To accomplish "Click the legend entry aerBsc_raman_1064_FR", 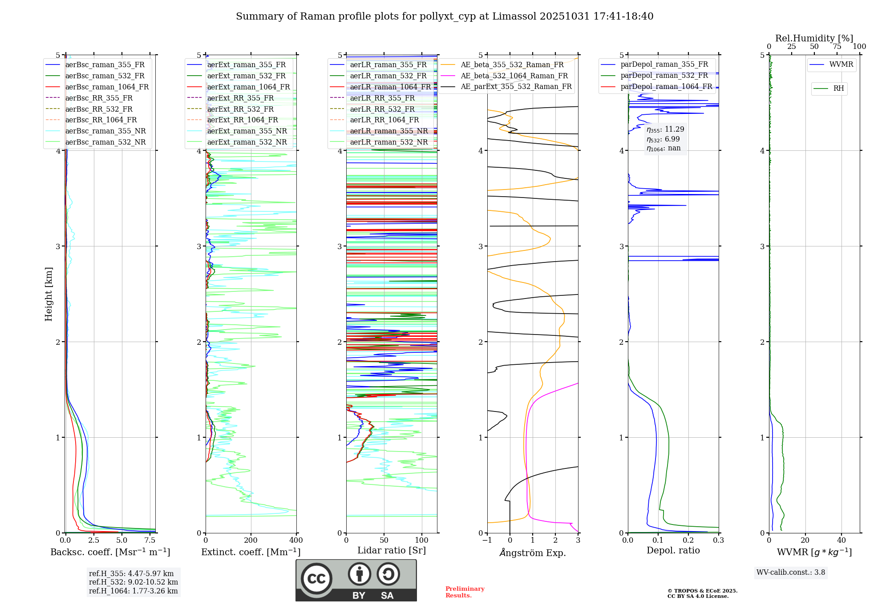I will pos(107,87).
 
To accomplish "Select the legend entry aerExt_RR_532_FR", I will pos(240,109).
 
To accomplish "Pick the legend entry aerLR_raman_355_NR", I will pos(388,131).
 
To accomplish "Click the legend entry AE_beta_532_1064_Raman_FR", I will pos(514,76).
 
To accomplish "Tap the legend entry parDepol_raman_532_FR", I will pos(664,76).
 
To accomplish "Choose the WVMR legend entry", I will pos(841,65).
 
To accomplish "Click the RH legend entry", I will pos(838,89).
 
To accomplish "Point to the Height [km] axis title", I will pos(49,294).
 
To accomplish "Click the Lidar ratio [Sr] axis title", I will pos(391,550).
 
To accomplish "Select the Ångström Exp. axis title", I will pos(532,553).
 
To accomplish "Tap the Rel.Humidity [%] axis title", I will pos(814,38).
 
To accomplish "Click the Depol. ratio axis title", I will pos(673,550).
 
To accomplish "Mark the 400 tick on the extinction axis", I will pos(296,540).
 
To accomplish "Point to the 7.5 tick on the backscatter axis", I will pos(150,540).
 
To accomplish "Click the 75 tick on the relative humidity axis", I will pos(837,47).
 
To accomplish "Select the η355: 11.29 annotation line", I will pos(665,129).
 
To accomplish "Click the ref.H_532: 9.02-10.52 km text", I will pos(133,582).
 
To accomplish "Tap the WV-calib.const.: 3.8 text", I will pos(790,573).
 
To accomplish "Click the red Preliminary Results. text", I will pos(465,592).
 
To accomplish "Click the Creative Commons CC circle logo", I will pos(316,578).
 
